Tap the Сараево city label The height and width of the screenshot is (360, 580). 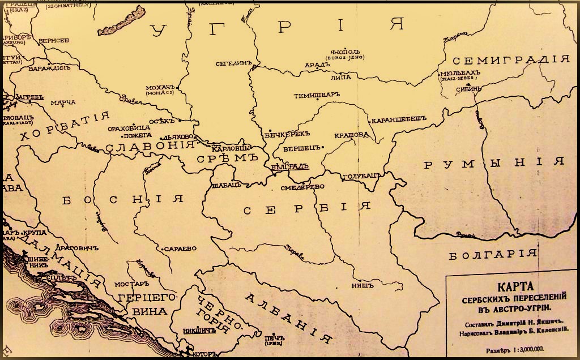[x=180, y=248]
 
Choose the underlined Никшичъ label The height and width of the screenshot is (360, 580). [x=201, y=329]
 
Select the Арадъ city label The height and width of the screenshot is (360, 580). [x=317, y=65]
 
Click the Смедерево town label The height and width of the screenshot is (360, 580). [x=303, y=187]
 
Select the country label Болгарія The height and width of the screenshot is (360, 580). [x=492, y=255]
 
